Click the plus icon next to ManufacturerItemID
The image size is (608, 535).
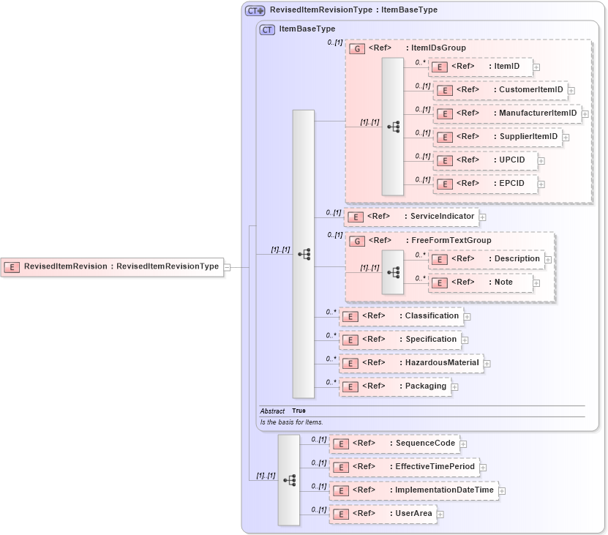pyautogui.click(x=585, y=114)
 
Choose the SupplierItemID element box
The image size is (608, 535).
pyautogui.click(x=497, y=137)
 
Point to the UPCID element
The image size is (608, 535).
pyautogui.click(x=485, y=160)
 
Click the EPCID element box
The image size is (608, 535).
pyautogui.click(x=485, y=184)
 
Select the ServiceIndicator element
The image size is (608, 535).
pyautogui.click(x=411, y=217)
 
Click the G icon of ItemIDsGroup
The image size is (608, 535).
pyautogui.click(x=358, y=48)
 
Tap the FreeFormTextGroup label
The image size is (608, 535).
pyautogui.click(x=451, y=240)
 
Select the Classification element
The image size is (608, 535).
pyautogui.click(x=402, y=316)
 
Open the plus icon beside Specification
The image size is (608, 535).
pyautogui.click(x=465, y=340)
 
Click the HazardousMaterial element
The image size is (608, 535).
pyautogui.click(x=411, y=363)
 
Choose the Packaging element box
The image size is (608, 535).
pyautogui.click(x=395, y=386)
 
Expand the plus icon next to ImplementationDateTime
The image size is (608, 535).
pyautogui.click(x=502, y=491)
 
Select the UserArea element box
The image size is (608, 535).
pyautogui.click(x=383, y=514)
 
